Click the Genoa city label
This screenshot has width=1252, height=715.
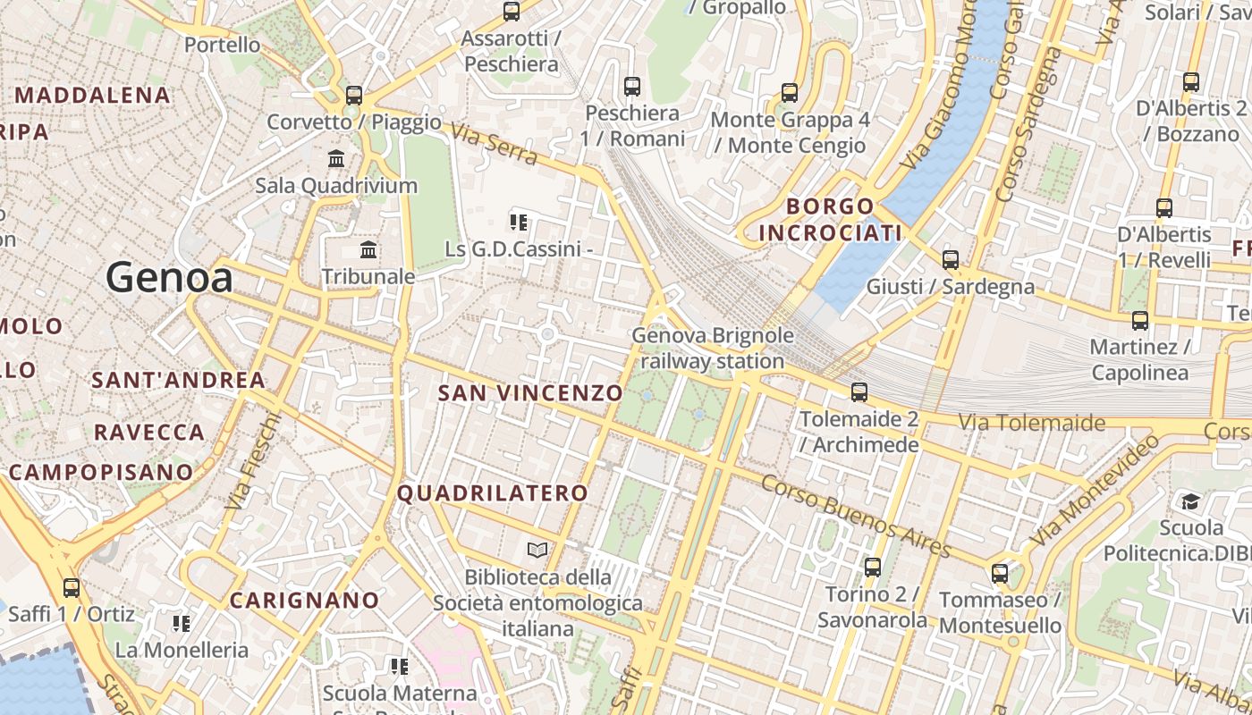[169, 279]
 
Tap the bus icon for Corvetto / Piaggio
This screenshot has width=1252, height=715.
[354, 95]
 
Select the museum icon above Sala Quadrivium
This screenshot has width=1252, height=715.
[336, 159]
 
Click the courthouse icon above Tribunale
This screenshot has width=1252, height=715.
[368, 249]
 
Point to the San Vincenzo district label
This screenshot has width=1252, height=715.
[530, 392]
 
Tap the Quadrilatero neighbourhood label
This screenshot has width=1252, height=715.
[493, 492]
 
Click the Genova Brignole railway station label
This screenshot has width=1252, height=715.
[713, 348]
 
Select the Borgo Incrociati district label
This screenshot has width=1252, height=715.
[830, 220]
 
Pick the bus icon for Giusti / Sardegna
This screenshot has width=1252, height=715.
[951, 260]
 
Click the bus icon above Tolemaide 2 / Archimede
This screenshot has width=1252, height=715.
[859, 391]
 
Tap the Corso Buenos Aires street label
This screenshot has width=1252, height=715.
[856, 516]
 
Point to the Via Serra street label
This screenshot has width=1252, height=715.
[494, 145]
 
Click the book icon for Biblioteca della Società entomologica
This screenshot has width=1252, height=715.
[537, 550]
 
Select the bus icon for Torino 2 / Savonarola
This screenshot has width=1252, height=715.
[873, 567]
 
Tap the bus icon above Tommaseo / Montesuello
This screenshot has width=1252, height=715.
[1000, 573]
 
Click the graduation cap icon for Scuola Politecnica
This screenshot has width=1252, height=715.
[1190, 500]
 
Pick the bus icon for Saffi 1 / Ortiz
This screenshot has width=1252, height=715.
[72, 587]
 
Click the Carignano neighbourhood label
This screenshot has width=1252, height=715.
[305, 600]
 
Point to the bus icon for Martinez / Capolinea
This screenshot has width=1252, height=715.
[1139, 320]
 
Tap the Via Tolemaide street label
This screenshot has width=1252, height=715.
[1031, 422]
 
